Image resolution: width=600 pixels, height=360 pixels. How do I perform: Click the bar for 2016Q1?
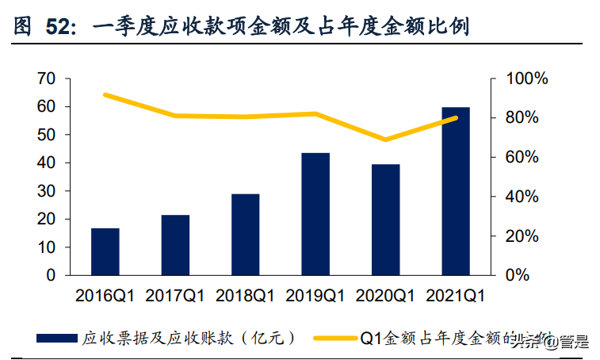click(x=105, y=251)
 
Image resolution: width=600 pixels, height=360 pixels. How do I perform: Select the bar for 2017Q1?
click(x=175, y=245)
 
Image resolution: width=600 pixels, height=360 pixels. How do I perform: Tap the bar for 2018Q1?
click(x=246, y=234)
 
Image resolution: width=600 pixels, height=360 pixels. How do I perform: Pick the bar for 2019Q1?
click(x=315, y=213)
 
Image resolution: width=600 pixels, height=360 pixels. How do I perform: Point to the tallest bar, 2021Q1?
click(x=456, y=191)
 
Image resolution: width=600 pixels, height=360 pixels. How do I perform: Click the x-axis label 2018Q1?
click(x=246, y=296)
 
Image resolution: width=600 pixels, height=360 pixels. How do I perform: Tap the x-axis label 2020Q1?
click(x=386, y=296)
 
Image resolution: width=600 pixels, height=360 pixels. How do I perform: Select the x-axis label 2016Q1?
click(x=105, y=296)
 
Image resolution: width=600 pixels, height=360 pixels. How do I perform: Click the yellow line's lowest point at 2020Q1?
click(x=386, y=140)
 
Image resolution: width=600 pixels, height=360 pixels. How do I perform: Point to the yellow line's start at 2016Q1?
click(x=105, y=94)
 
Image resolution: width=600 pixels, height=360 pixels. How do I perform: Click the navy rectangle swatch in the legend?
click(x=58, y=338)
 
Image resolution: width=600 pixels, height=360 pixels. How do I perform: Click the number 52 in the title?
click(x=60, y=29)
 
